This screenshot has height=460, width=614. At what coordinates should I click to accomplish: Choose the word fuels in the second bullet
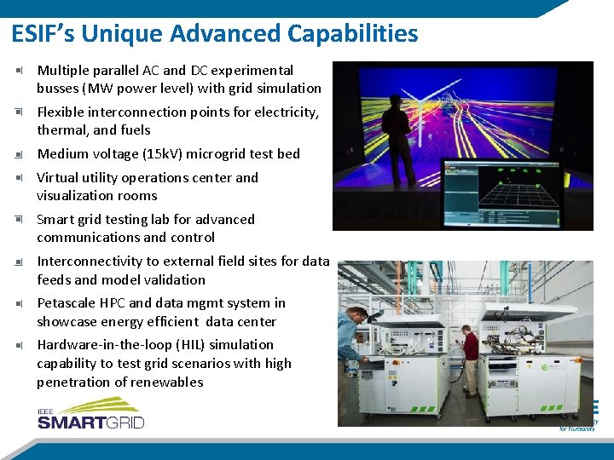[135, 130]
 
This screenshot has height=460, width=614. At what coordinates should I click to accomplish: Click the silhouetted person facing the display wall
[398, 136]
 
